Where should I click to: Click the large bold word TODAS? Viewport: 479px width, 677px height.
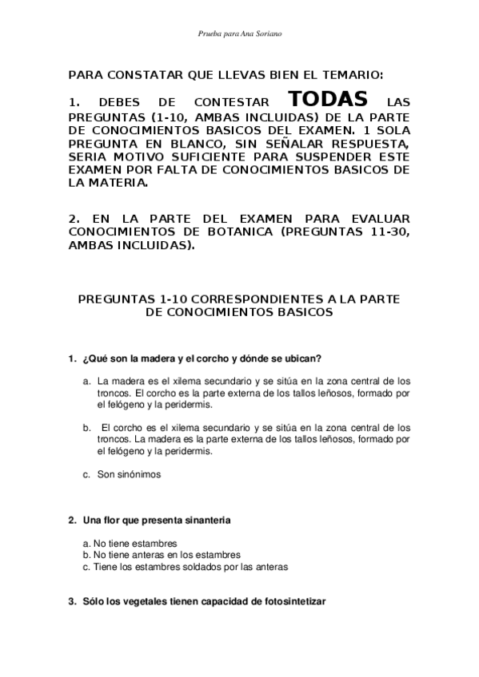pos(329,100)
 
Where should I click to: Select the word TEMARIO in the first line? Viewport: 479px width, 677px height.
pos(354,75)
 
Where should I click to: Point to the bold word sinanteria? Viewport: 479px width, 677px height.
pos(207,521)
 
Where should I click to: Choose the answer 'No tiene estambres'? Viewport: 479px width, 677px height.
pos(134,544)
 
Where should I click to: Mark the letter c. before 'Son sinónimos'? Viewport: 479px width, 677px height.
pos(86,473)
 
